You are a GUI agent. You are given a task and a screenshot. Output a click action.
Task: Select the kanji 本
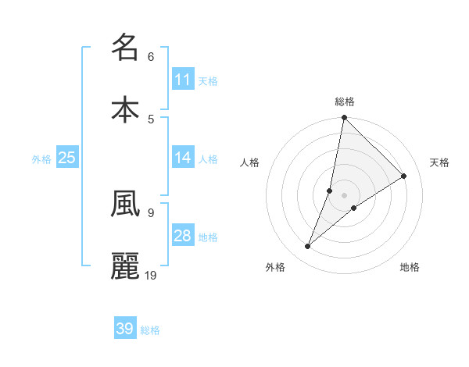pos(125,109)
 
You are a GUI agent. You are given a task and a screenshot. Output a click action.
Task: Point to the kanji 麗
pos(125,265)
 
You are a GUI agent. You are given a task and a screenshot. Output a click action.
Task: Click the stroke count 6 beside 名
pos(151,56)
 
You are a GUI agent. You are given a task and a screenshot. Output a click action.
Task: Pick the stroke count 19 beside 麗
pos(152,275)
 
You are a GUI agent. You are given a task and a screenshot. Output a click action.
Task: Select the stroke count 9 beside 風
pos(151,212)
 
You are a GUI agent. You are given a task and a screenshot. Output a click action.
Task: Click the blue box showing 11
pos(183,79)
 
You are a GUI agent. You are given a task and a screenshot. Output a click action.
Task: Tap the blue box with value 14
pos(183,157)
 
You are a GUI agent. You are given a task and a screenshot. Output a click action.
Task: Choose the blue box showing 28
pos(183,235)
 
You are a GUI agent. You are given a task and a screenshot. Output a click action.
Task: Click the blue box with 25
pos(67,157)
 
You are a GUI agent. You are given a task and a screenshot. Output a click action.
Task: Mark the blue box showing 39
pos(125,329)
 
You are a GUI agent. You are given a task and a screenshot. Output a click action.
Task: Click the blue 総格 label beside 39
pos(151,330)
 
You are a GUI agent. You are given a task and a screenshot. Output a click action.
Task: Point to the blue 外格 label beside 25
pos(41,159)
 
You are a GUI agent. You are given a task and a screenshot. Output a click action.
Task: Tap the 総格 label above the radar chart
pos(345,102)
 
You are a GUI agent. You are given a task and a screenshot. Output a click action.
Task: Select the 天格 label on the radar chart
pos(440,162)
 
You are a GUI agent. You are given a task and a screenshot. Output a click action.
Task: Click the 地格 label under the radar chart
pos(410,267)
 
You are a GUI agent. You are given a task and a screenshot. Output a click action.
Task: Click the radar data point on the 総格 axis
pos(344,118)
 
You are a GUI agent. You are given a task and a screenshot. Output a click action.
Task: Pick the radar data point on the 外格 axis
pos(307,247)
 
